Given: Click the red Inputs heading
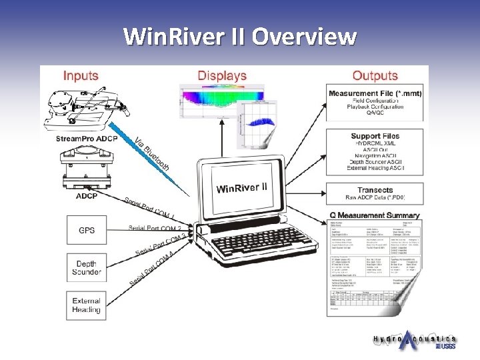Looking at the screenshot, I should pyautogui.click(x=80, y=76).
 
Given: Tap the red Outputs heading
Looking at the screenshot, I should pyautogui.click(x=375, y=76).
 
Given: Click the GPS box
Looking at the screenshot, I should pyautogui.click(x=87, y=231).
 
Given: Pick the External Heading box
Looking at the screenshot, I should pyautogui.click(x=87, y=305).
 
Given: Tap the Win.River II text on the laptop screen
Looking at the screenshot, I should pyautogui.click(x=241, y=187).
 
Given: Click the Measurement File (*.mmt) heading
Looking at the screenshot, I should pyautogui.click(x=375, y=93).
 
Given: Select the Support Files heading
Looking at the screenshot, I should pyautogui.click(x=375, y=137).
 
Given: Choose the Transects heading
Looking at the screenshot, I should pyautogui.click(x=375, y=190).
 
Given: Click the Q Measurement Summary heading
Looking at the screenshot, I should pyautogui.click(x=375, y=215).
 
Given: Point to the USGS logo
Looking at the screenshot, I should pyautogui.click(x=445, y=347).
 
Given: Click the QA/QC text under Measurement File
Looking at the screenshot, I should pyautogui.click(x=375, y=114).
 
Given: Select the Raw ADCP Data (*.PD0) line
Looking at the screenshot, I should pyautogui.click(x=375, y=199).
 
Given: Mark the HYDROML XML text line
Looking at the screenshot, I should pyautogui.click(x=375, y=144).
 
